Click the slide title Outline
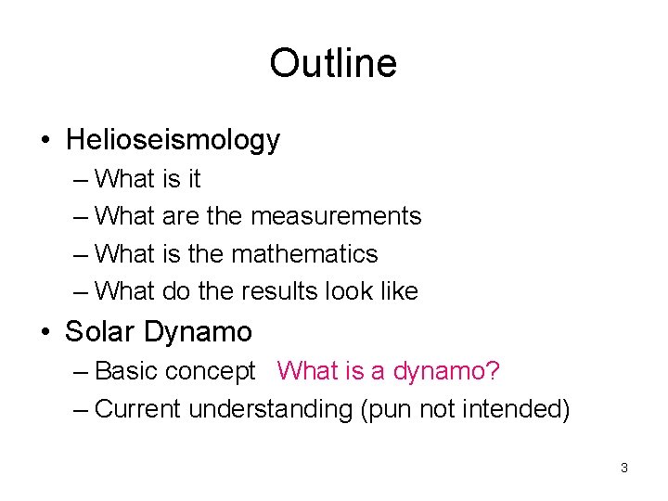tap(333, 63)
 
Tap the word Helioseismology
tap(173, 140)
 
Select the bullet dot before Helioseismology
tap(45, 141)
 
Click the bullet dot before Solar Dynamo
tap(45, 332)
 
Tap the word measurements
tap(336, 216)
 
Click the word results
tap(279, 291)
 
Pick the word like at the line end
tap(397, 291)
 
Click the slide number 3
tap(623, 468)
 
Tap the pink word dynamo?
tap(447, 372)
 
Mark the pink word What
tap(309, 371)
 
